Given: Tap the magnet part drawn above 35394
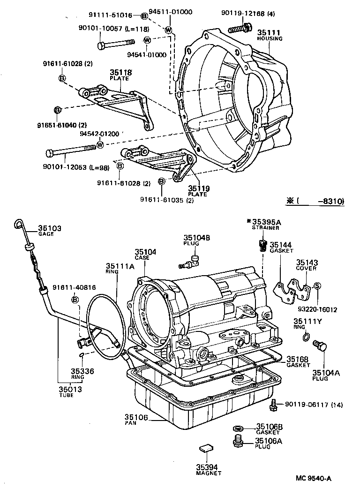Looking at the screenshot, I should [x=205, y=448].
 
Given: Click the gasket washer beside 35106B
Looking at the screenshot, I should [x=238, y=428].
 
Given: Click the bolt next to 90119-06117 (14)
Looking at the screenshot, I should [x=273, y=404].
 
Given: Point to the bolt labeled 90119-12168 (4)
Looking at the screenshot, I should [x=237, y=30].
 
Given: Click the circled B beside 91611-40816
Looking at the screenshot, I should [x=75, y=300].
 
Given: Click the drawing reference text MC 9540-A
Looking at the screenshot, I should [x=314, y=478].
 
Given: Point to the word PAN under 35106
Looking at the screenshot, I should [x=130, y=423].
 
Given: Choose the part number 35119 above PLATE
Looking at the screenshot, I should [x=199, y=188].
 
